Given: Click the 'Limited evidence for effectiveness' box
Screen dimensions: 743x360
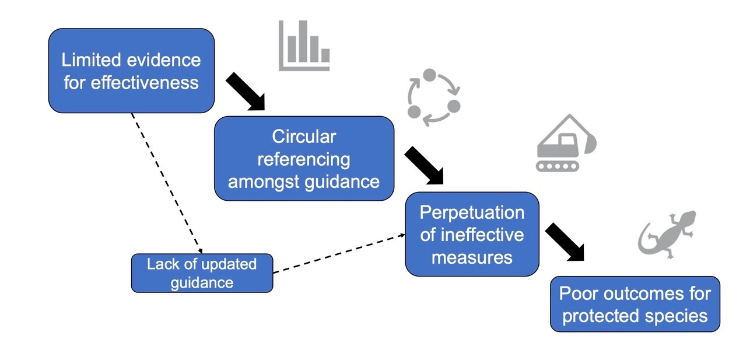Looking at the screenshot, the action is point(131,71).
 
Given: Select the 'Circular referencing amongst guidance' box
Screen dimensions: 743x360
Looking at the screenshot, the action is point(304,159).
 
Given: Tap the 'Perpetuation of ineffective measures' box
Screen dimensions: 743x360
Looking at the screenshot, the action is point(472,234).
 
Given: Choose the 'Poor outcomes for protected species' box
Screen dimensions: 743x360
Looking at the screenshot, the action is point(635,304).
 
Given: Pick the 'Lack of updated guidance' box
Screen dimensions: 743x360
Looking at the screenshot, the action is point(202,273).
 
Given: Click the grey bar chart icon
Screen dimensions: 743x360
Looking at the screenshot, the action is point(304,46).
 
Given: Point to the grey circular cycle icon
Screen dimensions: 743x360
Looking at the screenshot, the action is point(434,97).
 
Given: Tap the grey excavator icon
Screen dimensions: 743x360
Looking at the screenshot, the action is point(566,143).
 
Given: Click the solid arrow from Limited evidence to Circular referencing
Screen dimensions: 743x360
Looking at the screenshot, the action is point(246,92).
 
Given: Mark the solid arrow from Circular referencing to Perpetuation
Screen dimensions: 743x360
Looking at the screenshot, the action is point(424,166).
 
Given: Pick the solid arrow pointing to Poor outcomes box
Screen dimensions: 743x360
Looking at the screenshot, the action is point(565,242).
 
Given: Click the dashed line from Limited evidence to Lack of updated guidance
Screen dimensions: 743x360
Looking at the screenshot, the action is point(167,183).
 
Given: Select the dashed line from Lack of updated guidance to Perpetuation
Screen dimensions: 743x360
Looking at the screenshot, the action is point(339,253).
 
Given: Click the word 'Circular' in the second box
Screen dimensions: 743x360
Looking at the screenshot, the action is point(304,137).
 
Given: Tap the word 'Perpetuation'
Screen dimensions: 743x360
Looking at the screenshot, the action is point(472,212).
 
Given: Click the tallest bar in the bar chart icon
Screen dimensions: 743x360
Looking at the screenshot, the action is point(303,41).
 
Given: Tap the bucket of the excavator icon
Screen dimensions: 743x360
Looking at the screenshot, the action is point(590,144).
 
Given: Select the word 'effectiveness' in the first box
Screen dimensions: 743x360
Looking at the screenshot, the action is point(145,83).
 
